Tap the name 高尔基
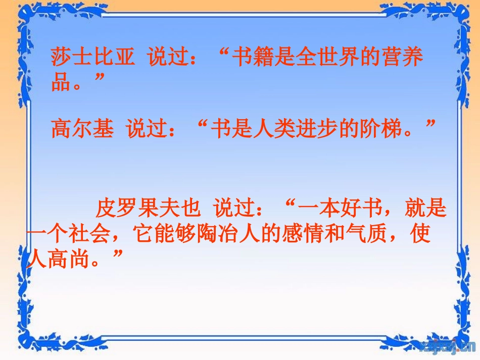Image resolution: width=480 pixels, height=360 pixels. (82, 129)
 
